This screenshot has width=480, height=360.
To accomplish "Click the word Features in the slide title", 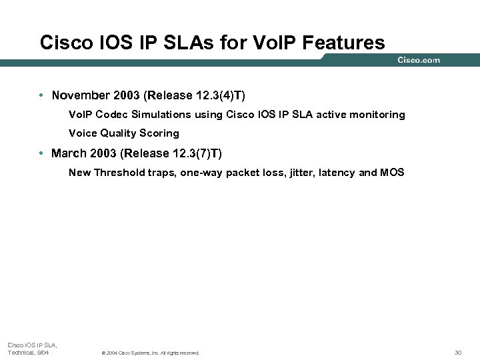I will coord(343,43).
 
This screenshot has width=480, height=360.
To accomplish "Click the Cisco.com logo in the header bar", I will coord(419,60).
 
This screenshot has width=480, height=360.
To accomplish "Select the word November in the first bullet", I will coord(81,95).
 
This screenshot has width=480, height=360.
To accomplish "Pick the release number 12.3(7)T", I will coord(195,153).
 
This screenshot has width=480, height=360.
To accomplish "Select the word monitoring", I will coord(379,115).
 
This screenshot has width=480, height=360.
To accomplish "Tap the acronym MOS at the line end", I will coord(392,173).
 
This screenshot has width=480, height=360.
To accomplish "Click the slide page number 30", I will coord(457,353).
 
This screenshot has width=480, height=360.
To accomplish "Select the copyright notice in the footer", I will coord(149,353).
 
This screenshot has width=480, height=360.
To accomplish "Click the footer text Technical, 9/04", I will coord(28,353).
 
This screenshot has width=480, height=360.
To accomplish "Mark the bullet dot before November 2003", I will coord(41,95).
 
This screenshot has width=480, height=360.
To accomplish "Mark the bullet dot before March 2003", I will coord(41,153).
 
